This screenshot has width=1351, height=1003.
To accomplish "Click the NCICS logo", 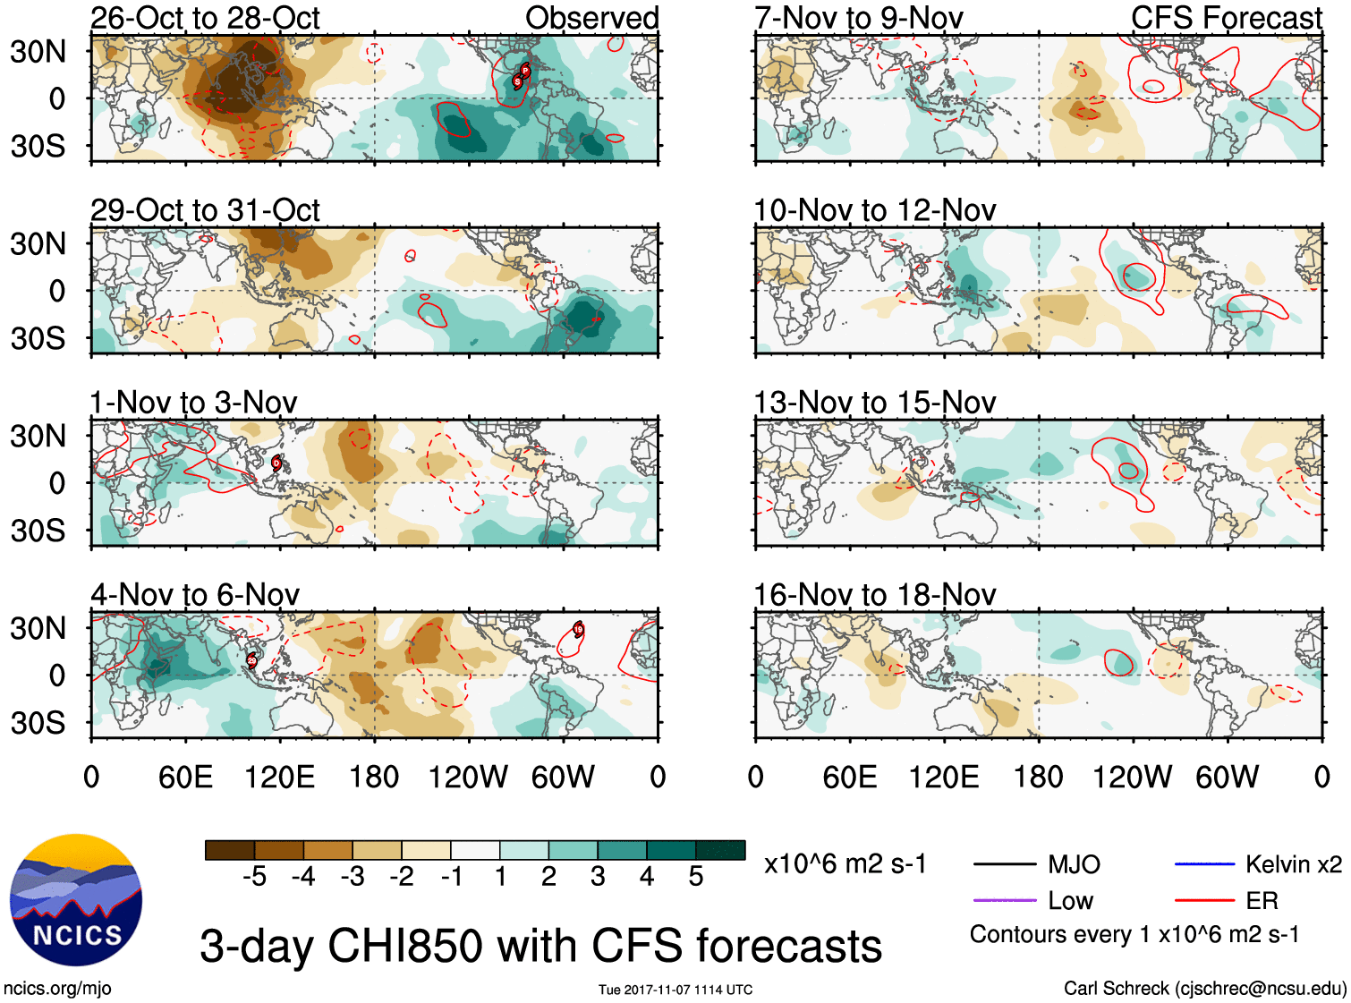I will (x=76, y=900).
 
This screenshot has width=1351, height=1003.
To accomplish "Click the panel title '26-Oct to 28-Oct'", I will (x=205, y=18).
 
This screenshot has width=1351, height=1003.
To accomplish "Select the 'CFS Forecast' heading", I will (x=1226, y=18).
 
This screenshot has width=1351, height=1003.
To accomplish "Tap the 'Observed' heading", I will (x=591, y=18).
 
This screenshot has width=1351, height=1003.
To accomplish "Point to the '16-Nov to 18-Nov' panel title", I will (x=874, y=595).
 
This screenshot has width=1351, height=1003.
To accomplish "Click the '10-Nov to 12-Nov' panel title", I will (x=874, y=210).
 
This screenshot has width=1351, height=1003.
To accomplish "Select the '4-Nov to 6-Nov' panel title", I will (x=195, y=595).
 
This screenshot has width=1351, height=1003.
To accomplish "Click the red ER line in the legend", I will (x=1204, y=900).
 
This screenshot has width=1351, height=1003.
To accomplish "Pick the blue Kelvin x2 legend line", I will (x=1204, y=863).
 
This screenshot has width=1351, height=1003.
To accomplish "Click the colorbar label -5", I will (x=254, y=877).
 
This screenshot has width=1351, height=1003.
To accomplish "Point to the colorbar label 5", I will (x=696, y=877).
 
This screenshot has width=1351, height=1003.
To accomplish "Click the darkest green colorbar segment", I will (x=720, y=850).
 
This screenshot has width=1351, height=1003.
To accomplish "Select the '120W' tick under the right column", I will (x=1132, y=777).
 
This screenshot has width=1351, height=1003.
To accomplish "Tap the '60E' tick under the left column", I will (x=185, y=777).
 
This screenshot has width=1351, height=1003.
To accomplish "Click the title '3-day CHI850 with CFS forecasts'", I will (x=540, y=946).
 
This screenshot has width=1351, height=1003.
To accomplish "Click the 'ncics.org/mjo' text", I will (x=57, y=989).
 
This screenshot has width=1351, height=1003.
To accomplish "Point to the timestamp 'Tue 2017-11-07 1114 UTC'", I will (x=675, y=990).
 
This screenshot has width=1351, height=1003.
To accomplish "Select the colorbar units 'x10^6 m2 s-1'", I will (x=845, y=864).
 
